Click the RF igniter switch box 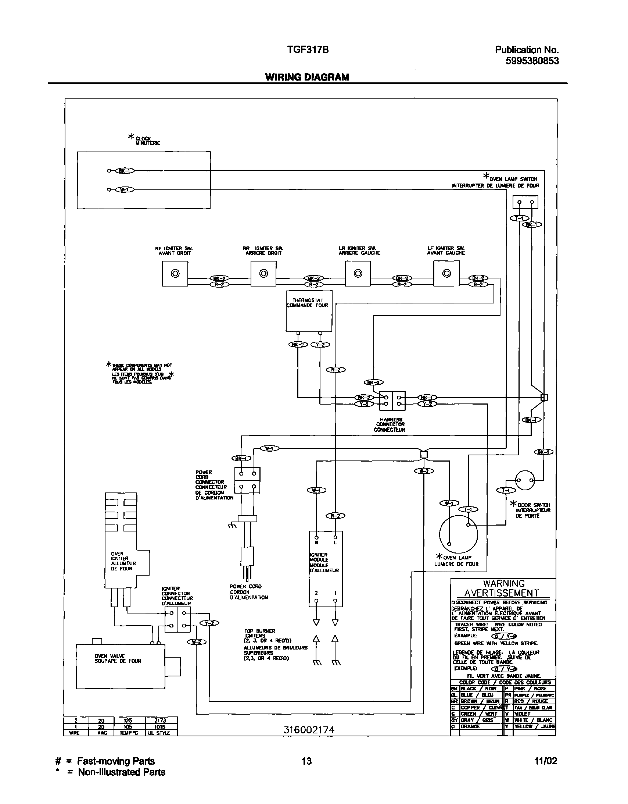pyautogui.click(x=175, y=274)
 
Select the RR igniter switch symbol pyautogui.click(x=263, y=274)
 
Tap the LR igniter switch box pyautogui.click(x=358, y=274)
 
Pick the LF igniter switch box pyautogui.click(x=446, y=274)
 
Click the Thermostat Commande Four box pyautogui.click(x=309, y=311)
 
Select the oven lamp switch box pyautogui.click(x=525, y=202)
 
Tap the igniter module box pyautogui.click(x=326, y=569)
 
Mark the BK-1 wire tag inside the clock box pyautogui.click(x=125, y=171)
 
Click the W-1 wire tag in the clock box pyautogui.click(x=125, y=189)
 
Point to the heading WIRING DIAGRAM pyautogui.click(x=307, y=77)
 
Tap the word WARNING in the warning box pyautogui.click(x=504, y=583)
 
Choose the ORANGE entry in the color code pyautogui.click(x=470, y=726)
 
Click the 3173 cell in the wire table pyautogui.click(x=161, y=720)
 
